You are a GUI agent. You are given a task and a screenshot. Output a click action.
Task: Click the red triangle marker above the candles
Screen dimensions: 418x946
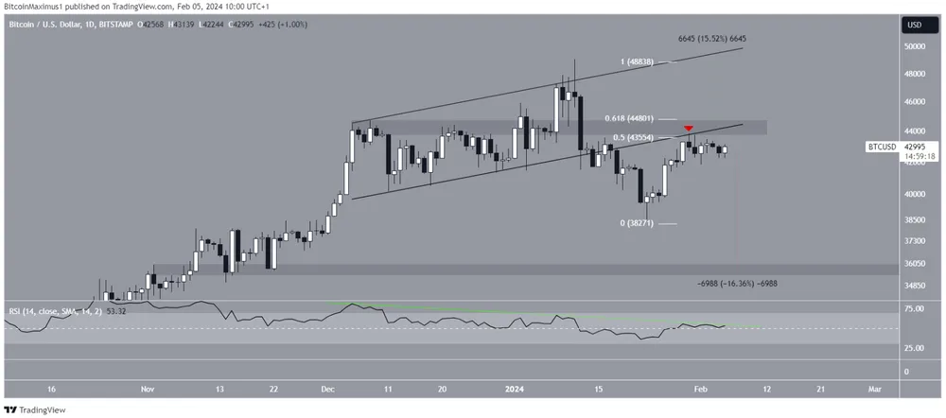(x=690, y=129)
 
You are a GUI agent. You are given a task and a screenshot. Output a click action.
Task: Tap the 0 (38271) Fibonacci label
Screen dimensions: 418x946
(x=640, y=223)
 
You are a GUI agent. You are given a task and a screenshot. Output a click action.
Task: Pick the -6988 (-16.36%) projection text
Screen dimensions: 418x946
(x=737, y=283)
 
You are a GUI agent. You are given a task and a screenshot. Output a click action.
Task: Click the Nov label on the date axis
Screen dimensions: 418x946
(x=146, y=389)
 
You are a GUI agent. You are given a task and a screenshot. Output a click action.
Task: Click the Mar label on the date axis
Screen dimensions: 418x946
(x=875, y=389)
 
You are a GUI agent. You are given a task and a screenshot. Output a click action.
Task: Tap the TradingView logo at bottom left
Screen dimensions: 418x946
(x=37, y=409)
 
